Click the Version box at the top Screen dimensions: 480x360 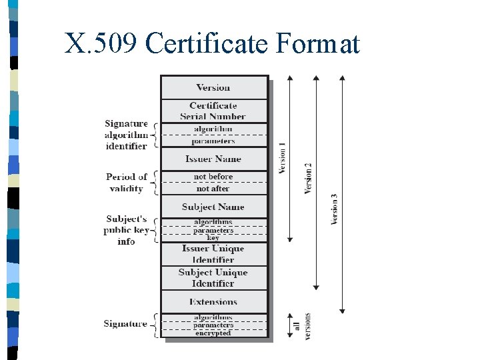click(x=213, y=87)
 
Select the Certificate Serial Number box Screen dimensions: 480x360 click(x=213, y=111)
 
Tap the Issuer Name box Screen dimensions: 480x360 click(x=213, y=159)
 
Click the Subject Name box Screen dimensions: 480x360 click(x=213, y=207)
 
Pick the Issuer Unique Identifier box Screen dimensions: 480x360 click(x=213, y=254)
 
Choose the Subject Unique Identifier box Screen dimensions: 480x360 click(x=213, y=278)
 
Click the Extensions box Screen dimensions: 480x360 click(x=213, y=302)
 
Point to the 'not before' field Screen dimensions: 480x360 click(x=213, y=177)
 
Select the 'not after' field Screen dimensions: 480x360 click(x=213, y=189)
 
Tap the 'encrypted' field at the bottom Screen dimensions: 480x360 click(x=213, y=333)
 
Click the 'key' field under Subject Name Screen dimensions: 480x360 click(x=213, y=237)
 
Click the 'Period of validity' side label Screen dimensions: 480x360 click(x=127, y=183)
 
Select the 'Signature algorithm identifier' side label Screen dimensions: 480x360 click(x=127, y=135)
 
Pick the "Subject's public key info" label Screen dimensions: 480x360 click(x=127, y=230)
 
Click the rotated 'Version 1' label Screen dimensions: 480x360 click(x=282, y=159)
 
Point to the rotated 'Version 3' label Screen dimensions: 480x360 click(x=335, y=209)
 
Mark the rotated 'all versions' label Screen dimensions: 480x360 click(x=302, y=326)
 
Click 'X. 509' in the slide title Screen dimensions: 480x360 click(x=101, y=44)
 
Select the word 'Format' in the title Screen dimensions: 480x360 click(x=317, y=44)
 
